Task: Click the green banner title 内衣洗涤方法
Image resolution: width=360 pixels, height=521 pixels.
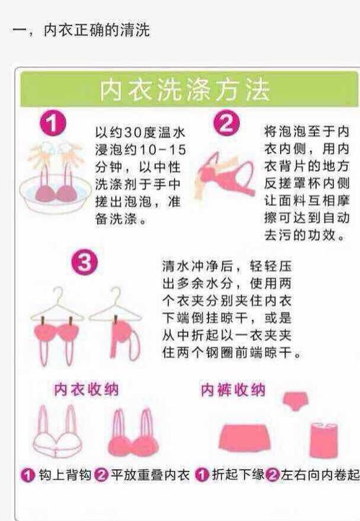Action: tap(185, 89)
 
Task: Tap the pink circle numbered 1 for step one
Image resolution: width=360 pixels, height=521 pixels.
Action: tap(52, 124)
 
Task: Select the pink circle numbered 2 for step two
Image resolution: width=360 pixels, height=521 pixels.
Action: tap(225, 124)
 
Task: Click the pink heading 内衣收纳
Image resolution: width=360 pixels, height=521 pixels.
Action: tap(86, 390)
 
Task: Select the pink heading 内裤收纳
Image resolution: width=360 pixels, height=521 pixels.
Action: tap(233, 390)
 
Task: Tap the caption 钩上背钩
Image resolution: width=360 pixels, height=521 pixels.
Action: tap(63, 476)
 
